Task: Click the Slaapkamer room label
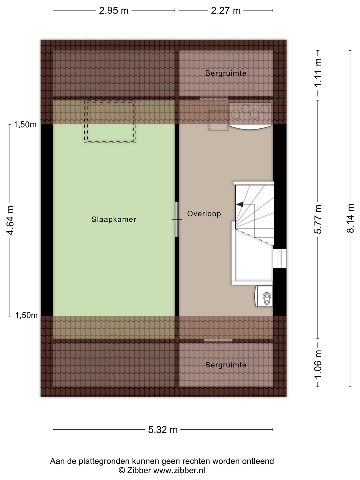[x=114, y=219]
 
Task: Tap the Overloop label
[x=204, y=214]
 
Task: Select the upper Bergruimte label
[x=226, y=73]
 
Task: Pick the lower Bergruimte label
[x=226, y=365]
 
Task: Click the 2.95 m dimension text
[x=114, y=10]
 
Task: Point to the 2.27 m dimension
[x=226, y=10]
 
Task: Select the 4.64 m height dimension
[x=10, y=220]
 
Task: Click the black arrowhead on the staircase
[x=240, y=204]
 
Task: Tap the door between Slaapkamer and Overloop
[x=177, y=219]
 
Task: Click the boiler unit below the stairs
[x=264, y=296]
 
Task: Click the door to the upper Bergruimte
[x=214, y=98]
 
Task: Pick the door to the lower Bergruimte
[x=218, y=340]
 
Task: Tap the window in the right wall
[x=279, y=258]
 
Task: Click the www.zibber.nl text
[x=179, y=470]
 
